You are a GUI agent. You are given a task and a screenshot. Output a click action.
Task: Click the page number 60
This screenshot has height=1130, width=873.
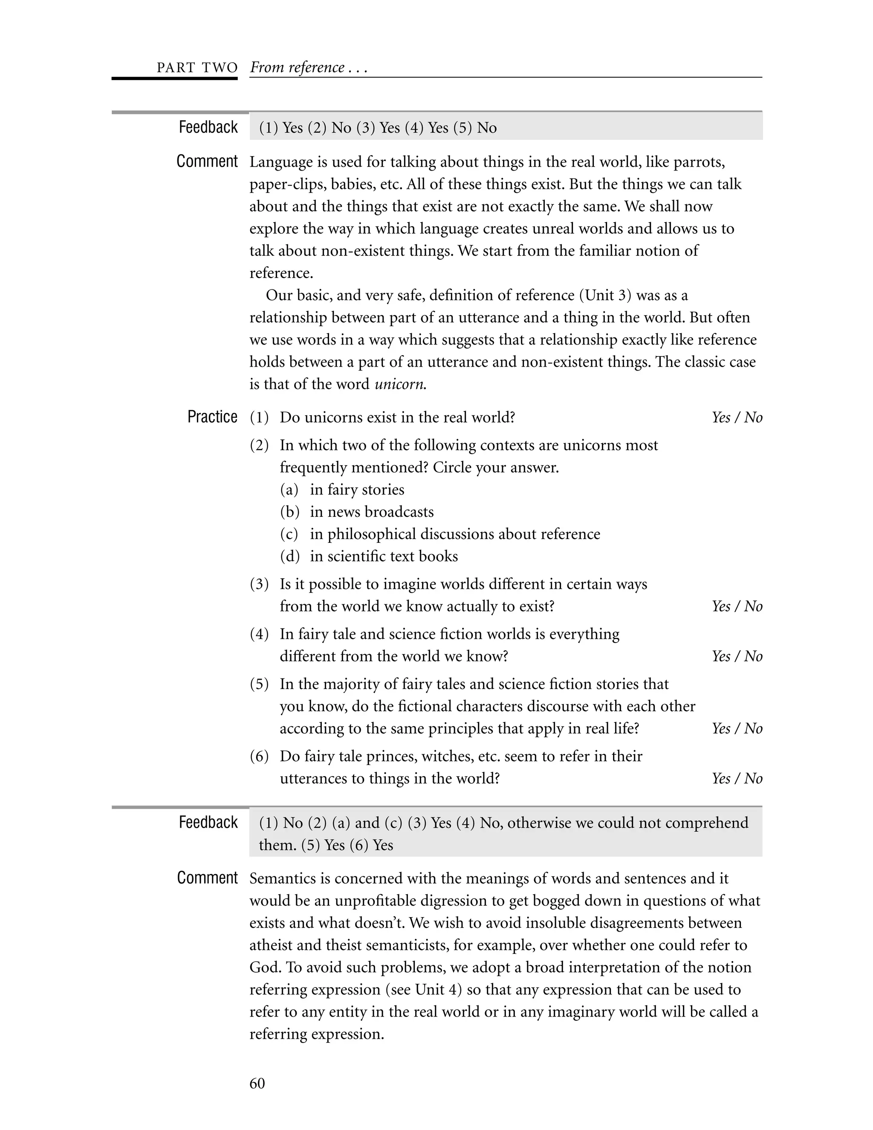pos(257,1084)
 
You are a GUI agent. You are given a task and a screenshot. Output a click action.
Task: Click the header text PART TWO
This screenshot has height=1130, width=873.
pos(197,68)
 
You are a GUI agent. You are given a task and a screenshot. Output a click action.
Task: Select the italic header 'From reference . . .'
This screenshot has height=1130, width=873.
pos(308,68)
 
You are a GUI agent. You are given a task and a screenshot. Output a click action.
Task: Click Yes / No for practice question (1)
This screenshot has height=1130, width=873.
pos(737,417)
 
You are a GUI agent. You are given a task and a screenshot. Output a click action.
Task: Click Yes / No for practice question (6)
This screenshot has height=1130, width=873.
pos(737,779)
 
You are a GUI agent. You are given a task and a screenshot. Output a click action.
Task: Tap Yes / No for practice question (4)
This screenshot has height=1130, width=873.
pos(737,657)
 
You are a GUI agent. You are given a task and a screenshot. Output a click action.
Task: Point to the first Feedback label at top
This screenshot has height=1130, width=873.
pos(208,127)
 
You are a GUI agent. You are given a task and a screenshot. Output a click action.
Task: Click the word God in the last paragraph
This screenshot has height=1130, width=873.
pos(264,968)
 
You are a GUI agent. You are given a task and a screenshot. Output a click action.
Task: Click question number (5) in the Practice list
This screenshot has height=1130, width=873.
pos(259,684)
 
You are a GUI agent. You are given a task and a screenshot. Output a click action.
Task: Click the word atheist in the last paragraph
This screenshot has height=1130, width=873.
pos(273,945)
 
